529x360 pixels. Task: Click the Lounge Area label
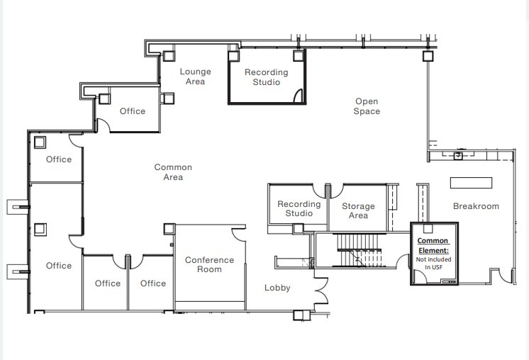tap(195, 77)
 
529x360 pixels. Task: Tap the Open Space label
tap(367, 106)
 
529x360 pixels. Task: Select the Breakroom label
tap(476, 206)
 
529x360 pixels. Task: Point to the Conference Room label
tap(209, 264)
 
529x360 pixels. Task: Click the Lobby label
tap(277, 288)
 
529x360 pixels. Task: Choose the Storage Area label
tap(358, 210)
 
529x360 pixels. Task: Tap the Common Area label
tap(173, 172)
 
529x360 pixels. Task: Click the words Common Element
tap(433, 245)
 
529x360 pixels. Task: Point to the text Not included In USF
tap(433, 263)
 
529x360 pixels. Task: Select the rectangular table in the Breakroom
tap(472, 183)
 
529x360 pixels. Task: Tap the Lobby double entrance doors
tap(321, 291)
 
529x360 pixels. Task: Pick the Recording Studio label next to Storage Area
tap(299, 208)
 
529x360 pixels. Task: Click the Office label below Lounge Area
tap(133, 111)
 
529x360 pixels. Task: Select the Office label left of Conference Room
tap(153, 283)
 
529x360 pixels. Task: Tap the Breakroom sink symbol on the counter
tap(458, 155)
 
